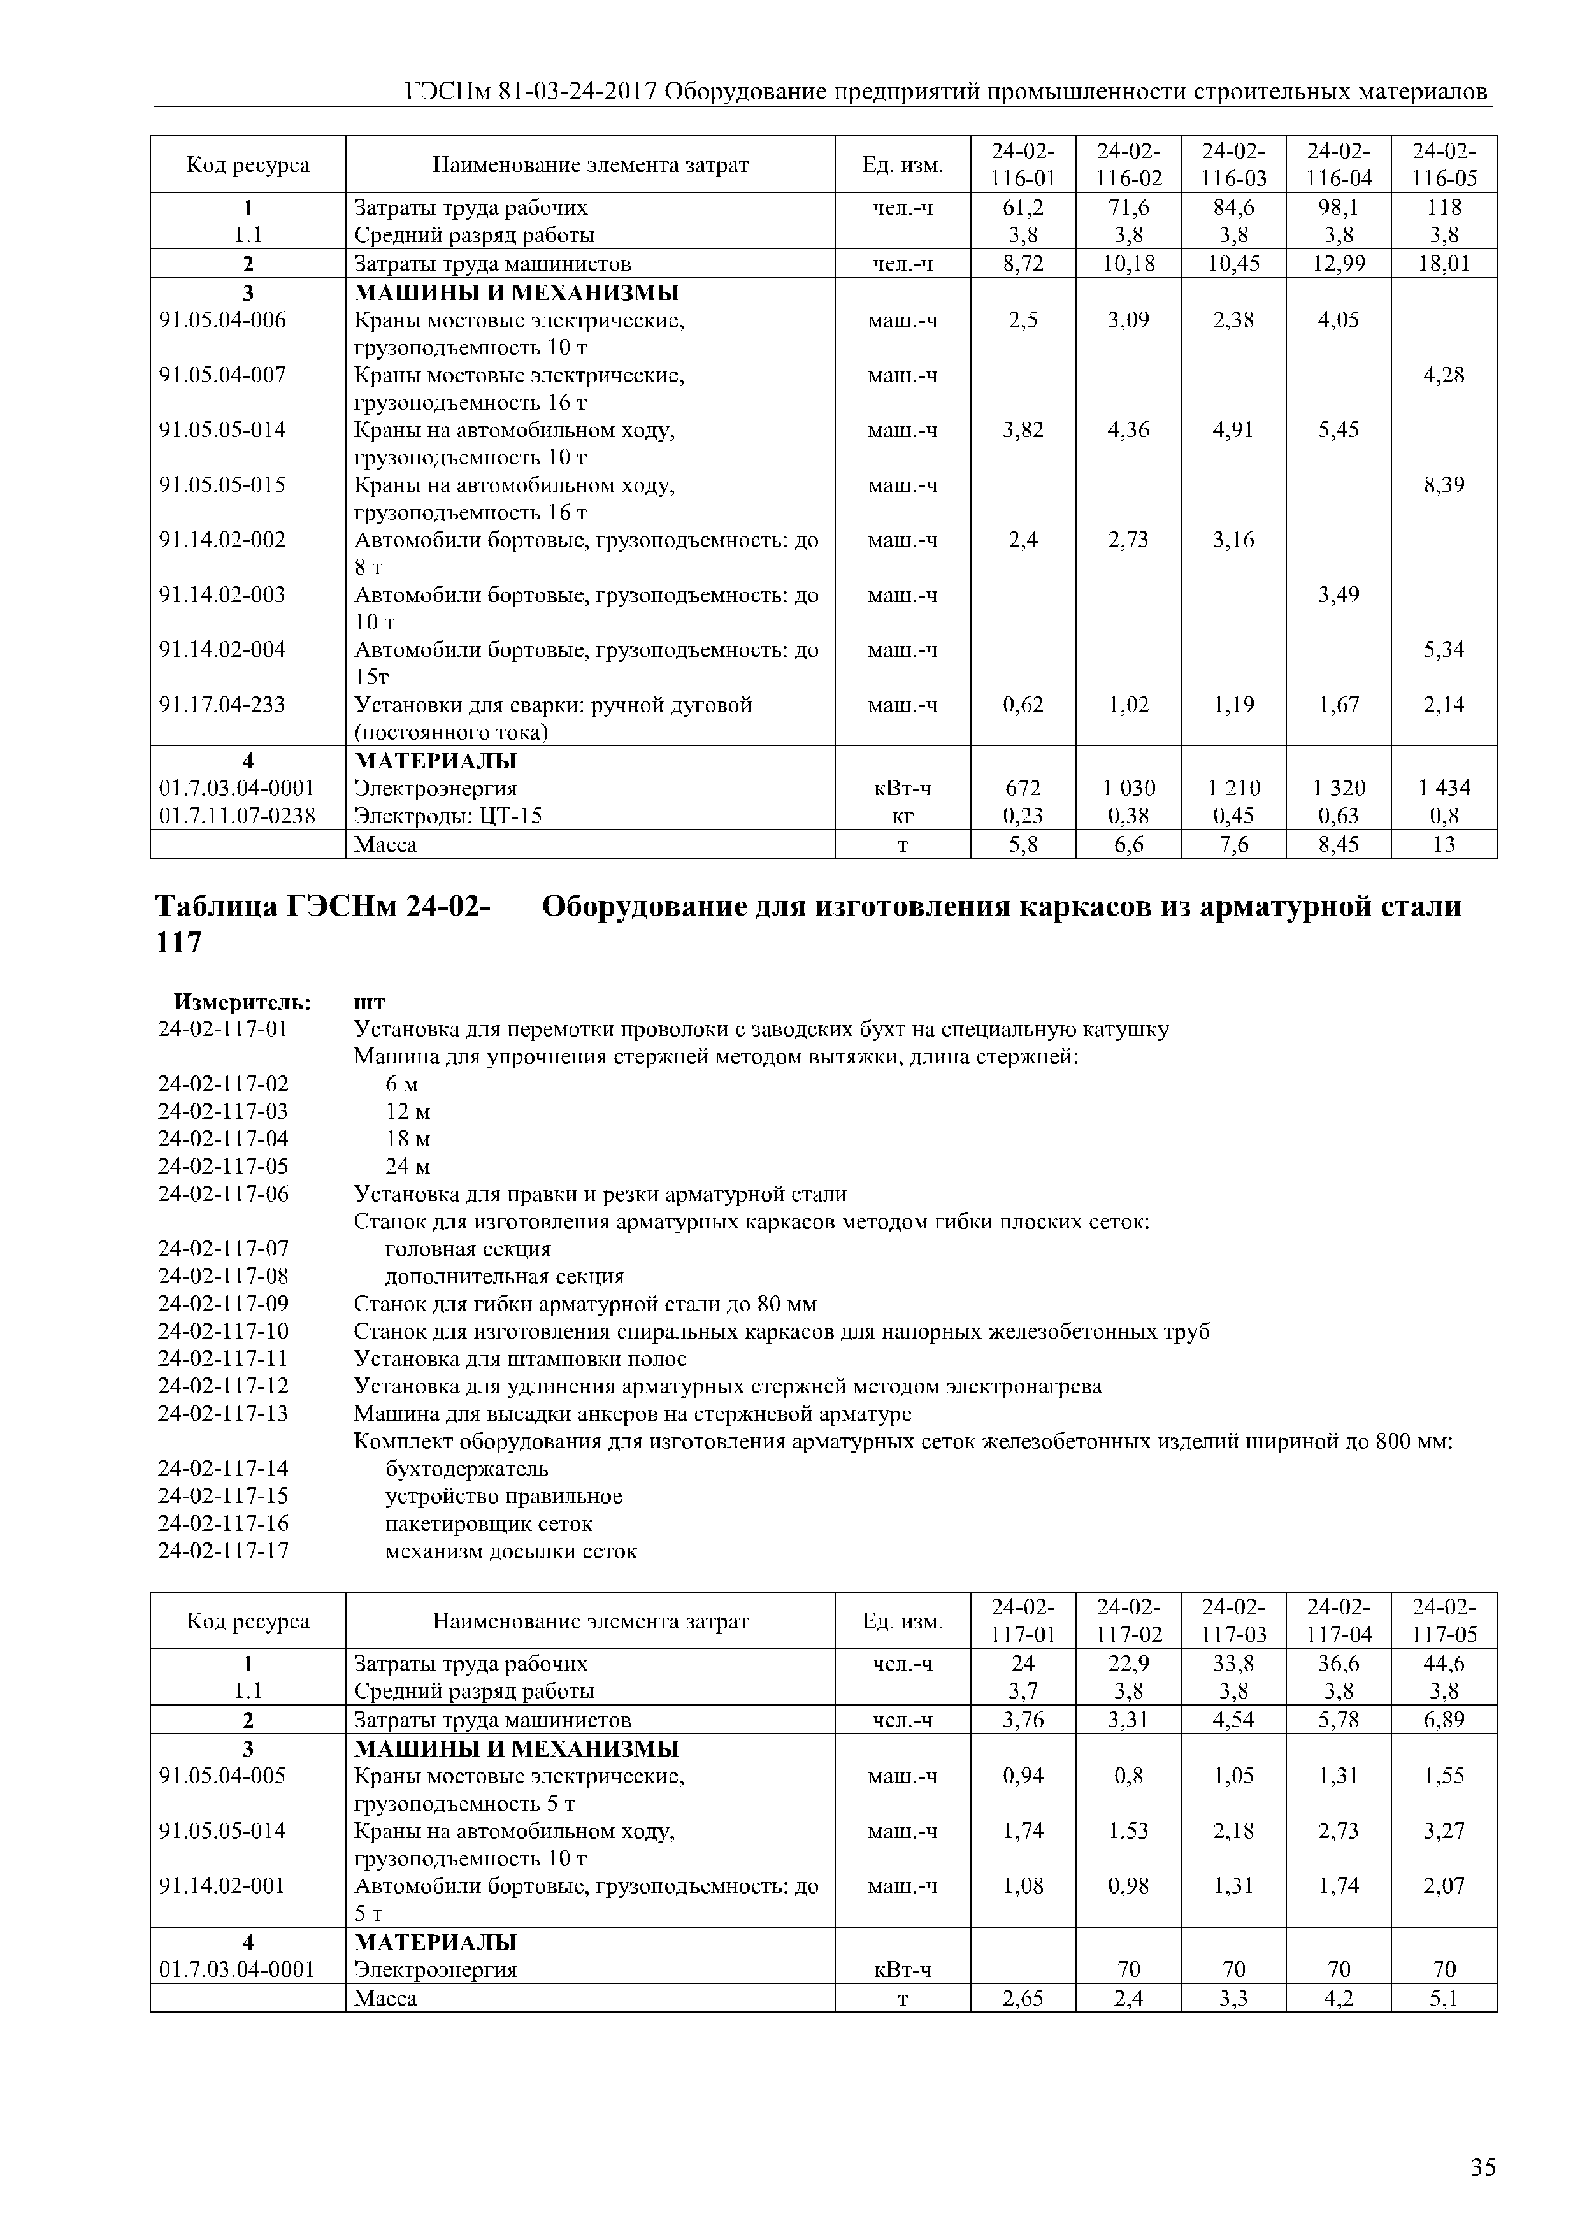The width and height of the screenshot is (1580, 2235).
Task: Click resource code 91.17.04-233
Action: click(223, 705)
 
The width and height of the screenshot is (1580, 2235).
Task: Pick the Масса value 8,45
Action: click(1339, 844)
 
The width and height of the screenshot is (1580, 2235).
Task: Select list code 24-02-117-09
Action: click(223, 1304)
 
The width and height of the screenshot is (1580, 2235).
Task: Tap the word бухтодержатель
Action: click(466, 1468)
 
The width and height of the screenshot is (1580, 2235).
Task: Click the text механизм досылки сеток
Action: click(511, 1551)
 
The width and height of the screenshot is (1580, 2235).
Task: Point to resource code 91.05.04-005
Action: click(223, 1776)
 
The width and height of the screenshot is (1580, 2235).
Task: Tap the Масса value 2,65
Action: click(1023, 1999)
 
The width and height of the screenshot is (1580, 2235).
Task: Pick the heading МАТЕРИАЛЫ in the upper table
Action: click(435, 760)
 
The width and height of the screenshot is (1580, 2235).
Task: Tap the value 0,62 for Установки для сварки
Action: click(1023, 705)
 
